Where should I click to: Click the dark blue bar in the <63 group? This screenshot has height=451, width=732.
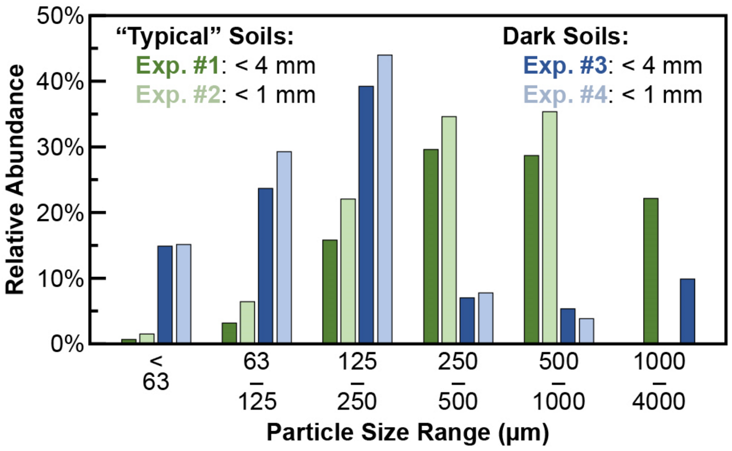(165, 294)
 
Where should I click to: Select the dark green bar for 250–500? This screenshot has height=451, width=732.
(431, 246)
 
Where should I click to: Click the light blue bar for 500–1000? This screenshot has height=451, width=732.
(586, 331)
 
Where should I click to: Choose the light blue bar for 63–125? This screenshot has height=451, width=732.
(284, 247)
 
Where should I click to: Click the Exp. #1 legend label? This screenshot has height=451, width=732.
(177, 66)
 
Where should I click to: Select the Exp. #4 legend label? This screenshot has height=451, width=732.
(565, 95)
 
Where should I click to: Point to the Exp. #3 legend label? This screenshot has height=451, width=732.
(565, 66)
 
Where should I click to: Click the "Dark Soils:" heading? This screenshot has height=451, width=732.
(565, 37)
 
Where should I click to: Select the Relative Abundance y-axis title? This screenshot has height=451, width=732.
(15, 179)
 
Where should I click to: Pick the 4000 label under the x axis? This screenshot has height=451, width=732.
(659, 401)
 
